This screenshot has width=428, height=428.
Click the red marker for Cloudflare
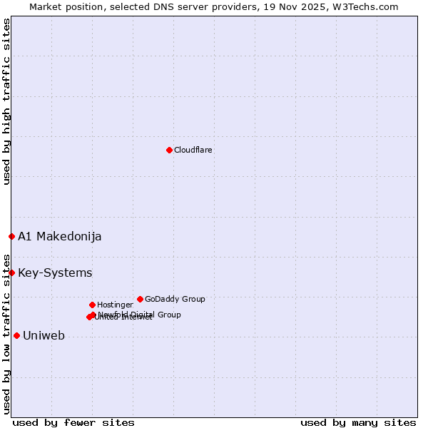[x=169, y=150]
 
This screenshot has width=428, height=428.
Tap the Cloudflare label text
[x=193, y=150]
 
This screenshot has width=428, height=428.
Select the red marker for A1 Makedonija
[x=11, y=236]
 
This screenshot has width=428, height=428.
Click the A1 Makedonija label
[x=60, y=236]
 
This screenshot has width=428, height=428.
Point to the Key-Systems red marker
[x=11, y=272]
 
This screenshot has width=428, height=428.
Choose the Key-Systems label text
[x=55, y=272]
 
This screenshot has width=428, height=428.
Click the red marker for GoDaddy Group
[x=140, y=299]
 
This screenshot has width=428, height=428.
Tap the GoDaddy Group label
[x=175, y=299]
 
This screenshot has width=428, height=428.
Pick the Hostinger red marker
[x=92, y=305]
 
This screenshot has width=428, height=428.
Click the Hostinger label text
[x=115, y=305]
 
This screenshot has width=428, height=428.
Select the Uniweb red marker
[x=16, y=335]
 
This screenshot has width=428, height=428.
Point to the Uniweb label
[x=44, y=335]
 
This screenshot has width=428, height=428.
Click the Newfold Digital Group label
[x=140, y=315]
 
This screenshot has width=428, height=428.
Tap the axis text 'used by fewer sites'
[x=73, y=422]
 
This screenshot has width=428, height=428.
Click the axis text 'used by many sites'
[x=358, y=422]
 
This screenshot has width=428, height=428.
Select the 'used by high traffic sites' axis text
[x=6, y=101]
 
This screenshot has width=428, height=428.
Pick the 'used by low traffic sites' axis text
[x=6, y=334]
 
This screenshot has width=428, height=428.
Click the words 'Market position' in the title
[x=62, y=6]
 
